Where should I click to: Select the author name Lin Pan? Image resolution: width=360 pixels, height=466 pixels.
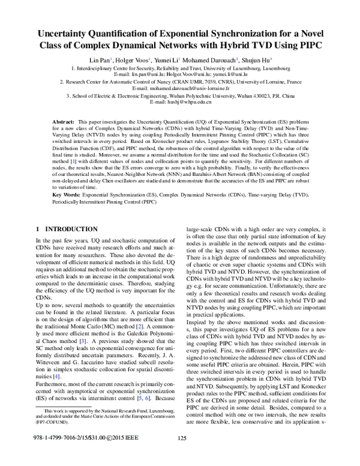[x=98, y=60]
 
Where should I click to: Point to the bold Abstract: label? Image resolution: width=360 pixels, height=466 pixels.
[x=64, y=121]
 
